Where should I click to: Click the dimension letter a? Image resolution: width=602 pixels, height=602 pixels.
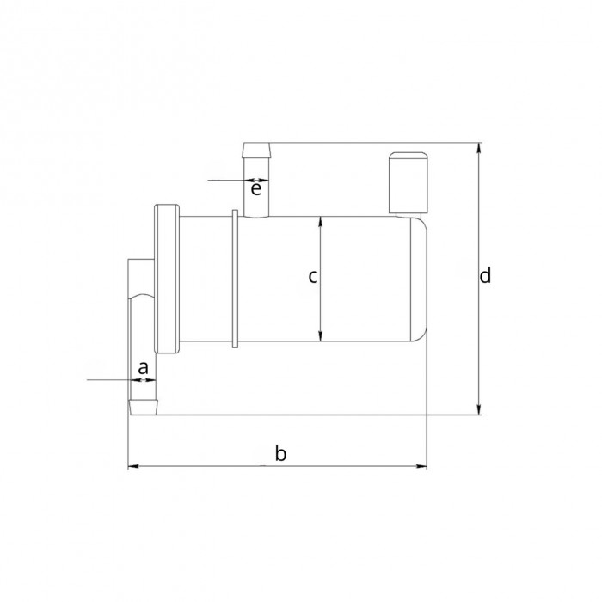pyautogui.click(x=143, y=367)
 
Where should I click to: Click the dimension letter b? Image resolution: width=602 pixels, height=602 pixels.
pyautogui.click(x=280, y=453)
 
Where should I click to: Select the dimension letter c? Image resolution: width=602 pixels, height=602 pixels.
pyautogui.click(x=313, y=276)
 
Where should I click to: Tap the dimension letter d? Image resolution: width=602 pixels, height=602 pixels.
pyautogui.click(x=485, y=275)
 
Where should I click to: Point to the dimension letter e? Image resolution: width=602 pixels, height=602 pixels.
pyautogui.click(x=256, y=189)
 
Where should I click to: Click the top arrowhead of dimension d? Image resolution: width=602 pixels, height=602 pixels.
pyautogui.click(x=479, y=148)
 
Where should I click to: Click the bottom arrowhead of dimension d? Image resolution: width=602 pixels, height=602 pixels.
pyautogui.click(x=479, y=409)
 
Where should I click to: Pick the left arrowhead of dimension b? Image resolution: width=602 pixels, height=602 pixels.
pyautogui.click(x=133, y=466)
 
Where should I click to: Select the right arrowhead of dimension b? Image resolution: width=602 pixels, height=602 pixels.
pyautogui.click(x=421, y=466)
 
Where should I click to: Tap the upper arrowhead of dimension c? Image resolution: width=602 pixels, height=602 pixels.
pyautogui.click(x=321, y=222)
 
